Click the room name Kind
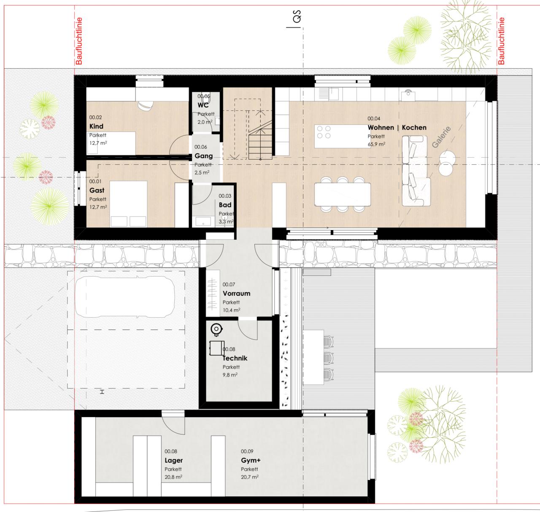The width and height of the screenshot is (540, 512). (96, 126)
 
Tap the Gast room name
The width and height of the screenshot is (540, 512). (97, 190)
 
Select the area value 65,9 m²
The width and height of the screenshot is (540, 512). (376, 144)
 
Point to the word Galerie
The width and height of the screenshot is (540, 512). (441, 137)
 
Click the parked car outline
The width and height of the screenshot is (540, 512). (125, 297)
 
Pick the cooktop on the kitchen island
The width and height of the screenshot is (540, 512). (324, 132)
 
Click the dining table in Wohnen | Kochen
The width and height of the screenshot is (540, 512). (342, 194)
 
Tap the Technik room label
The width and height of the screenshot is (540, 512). (235, 358)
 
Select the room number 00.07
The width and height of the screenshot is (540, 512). (229, 284)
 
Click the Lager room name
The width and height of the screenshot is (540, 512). (173, 460)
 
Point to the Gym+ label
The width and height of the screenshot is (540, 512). (251, 460)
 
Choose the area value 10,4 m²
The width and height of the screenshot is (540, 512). (231, 310)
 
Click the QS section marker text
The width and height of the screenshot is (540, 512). (297, 16)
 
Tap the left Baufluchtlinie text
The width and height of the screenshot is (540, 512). (79, 41)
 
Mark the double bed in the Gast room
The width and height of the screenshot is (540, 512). (128, 204)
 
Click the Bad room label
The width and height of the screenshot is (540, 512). (225, 205)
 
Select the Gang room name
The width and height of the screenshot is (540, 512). (203, 156)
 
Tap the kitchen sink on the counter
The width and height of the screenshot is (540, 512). (334, 94)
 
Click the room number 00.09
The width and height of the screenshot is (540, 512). (247, 451)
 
